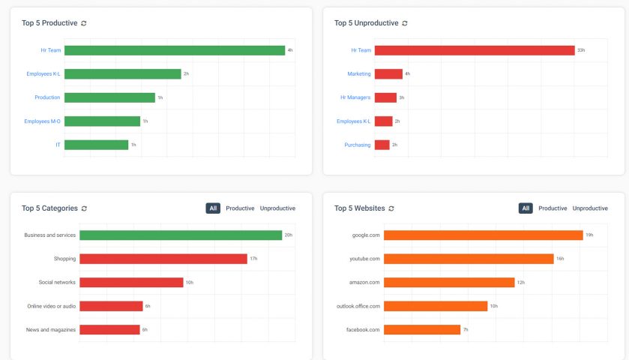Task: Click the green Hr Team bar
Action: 174,50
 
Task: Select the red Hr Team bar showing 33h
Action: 474,50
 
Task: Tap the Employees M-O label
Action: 43,121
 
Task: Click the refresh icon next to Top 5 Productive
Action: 84,23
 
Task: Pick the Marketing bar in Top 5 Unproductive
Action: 388,73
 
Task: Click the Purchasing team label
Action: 357,145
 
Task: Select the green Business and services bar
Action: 181,235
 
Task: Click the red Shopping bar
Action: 163,259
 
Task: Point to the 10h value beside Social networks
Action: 190,283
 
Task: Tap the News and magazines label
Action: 50,329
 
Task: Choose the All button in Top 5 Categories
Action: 213,208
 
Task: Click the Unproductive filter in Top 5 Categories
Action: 277,208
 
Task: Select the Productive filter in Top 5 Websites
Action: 553,208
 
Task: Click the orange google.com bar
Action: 483,235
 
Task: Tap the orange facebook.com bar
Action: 421,329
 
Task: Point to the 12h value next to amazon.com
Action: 521,283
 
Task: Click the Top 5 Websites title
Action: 359,208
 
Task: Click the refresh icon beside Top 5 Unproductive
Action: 405,23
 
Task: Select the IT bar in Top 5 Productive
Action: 96,145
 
